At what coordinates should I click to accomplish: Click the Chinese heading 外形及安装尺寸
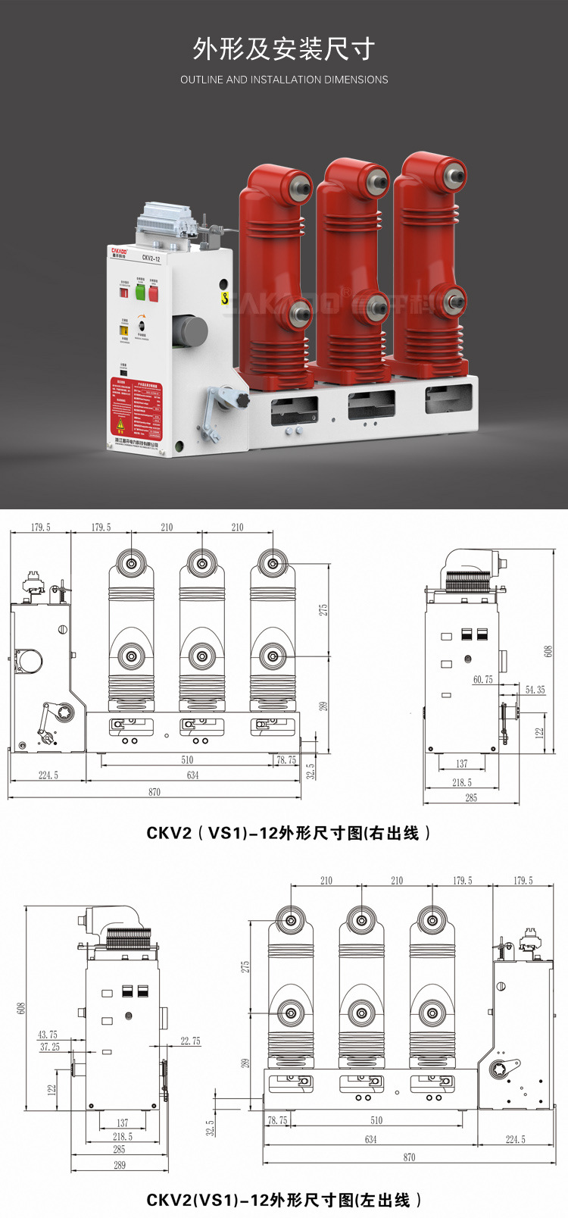(x=284, y=49)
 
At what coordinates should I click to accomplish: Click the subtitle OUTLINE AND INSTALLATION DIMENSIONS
(x=284, y=80)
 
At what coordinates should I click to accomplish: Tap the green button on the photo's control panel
(x=140, y=292)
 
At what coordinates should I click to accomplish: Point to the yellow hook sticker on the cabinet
(x=224, y=299)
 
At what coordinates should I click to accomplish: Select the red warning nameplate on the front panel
(x=136, y=408)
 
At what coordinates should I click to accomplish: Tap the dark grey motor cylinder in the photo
(x=190, y=331)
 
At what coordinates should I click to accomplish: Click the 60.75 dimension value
(x=482, y=680)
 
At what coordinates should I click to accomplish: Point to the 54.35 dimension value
(x=535, y=690)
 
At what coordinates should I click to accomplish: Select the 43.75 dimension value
(x=48, y=1035)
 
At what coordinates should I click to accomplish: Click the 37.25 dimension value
(x=50, y=1047)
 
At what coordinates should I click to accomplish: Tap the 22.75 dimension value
(x=191, y=1041)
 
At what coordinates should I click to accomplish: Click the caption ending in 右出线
(x=289, y=833)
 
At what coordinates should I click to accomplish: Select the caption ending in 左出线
(x=283, y=1200)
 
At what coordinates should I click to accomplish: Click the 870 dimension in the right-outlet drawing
(x=154, y=792)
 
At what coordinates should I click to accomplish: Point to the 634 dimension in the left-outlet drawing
(x=370, y=1139)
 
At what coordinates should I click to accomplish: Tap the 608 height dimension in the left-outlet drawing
(x=21, y=1008)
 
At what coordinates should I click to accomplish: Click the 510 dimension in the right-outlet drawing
(x=187, y=759)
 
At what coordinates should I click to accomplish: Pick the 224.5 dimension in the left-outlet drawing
(x=516, y=1139)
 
